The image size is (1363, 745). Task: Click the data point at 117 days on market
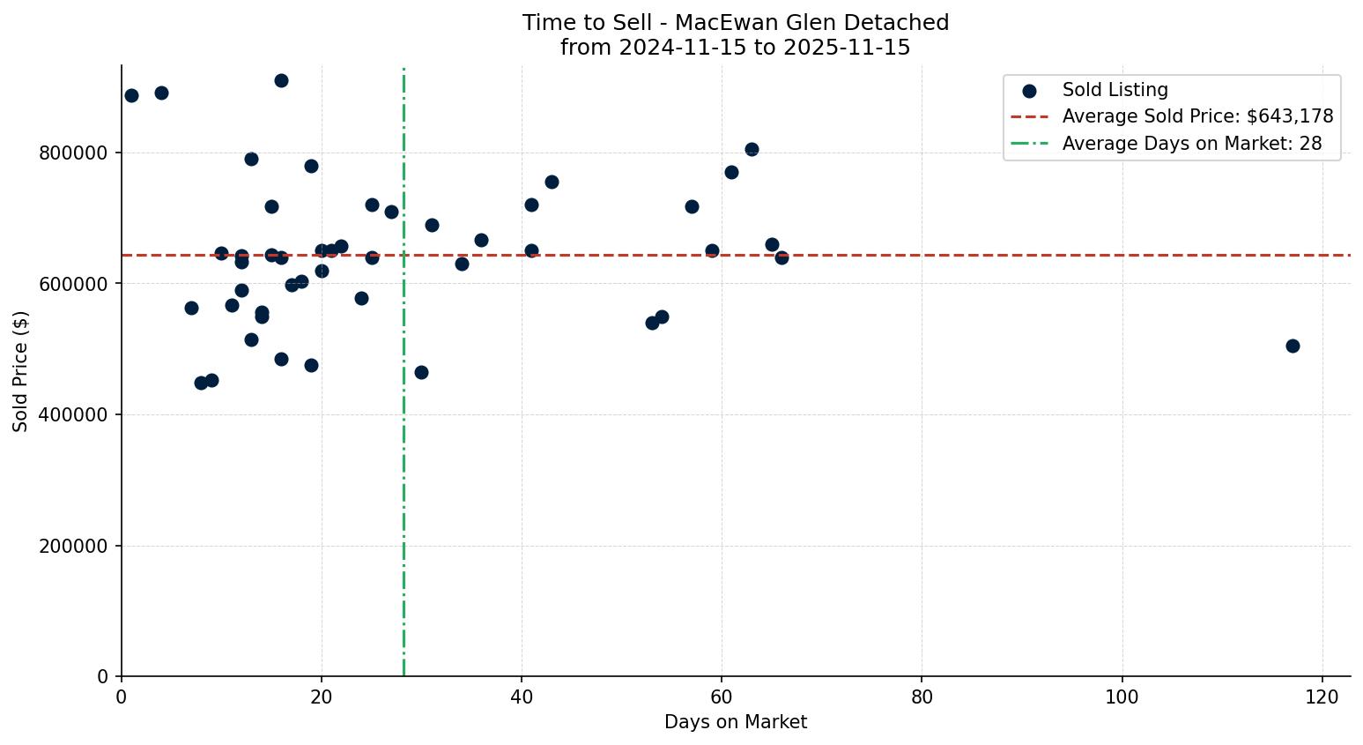pyautogui.click(x=1293, y=346)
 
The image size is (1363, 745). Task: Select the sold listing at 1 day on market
pyautogui.click(x=131, y=95)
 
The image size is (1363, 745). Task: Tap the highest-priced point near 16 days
pyautogui.click(x=281, y=80)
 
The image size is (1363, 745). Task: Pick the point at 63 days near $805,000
pyautogui.click(x=752, y=149)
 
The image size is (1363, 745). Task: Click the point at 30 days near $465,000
pyautogui.click(x=421, y=372)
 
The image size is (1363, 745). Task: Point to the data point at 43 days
pyautogui.click(x=552, y=182)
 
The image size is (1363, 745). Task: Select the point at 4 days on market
pyautogui.click(x=161, y=93)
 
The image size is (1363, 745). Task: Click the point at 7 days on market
pyautogui.click(x=191, y=308)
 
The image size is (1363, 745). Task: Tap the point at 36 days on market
pyautogui.click(x=481, y=240)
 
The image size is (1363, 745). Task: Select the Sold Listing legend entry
pyautogui.click(x=1115, y=90)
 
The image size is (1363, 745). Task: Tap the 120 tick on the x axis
pyautogui.click(x=1322, y=697)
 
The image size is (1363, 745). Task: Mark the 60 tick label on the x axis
pyautogui.click(x=722, y=697)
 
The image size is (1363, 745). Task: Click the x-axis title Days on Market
pyautogui.click(x=736, y=723)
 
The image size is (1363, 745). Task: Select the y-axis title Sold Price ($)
pyautogui.click(x=20, y=371)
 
